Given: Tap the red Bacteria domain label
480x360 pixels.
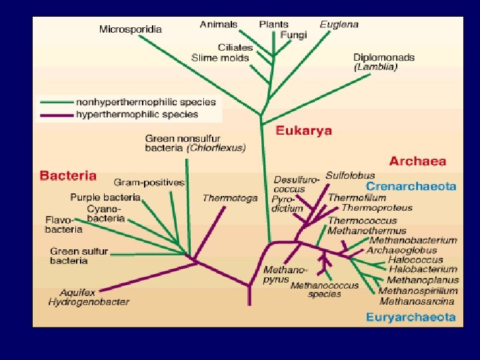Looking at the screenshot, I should pyautogui.click(x=68, y=176).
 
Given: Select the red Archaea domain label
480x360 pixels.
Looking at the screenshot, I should pyautogui.click(x=418, y=161).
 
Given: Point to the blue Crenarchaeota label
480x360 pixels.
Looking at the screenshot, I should pyautogui.click(x=411, y=187).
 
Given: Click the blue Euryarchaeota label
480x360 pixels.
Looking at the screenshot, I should pyautogui.click(x=411, y=317).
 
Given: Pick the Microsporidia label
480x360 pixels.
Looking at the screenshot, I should pyautogui.click(x=131, y=29).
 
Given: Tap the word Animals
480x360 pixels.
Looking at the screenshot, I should pyautogui.click(x=218, y=24).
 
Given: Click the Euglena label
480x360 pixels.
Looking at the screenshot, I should pyautogui.click(x=339, y=24).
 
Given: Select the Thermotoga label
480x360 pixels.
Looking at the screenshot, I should pyautogui.click(x=230, y=198).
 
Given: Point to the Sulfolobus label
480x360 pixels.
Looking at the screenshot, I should pyautogui.click(x=351, y=175).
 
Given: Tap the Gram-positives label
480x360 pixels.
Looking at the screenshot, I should pyautogui.click(x=149, y=182).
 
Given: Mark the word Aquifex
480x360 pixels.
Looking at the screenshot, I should pyautogui.click(x=77, y=292).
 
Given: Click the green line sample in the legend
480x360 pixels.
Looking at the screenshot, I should pyautogui.click(x=57, y=102).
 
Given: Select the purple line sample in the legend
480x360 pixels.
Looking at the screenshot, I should pyautogui.click(x=57, y=114).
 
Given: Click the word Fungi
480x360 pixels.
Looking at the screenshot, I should pyautogui.click(x=294, y=35).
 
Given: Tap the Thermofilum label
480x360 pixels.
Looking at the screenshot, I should pyautogui.click(x=357, y=198).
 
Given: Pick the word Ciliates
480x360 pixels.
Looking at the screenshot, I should pyautogui.click(x=235, y=47).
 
